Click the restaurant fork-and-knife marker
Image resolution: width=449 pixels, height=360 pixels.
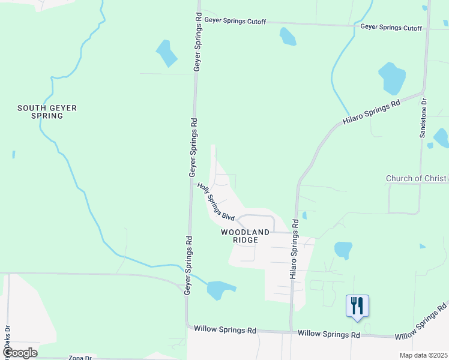point(357,305)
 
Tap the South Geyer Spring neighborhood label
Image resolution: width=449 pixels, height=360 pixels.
point(47,112)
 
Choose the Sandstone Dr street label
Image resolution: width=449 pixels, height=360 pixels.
point(423,118)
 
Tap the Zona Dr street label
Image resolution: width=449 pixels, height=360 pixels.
point(79,358)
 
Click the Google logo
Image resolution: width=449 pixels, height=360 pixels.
point(19,353)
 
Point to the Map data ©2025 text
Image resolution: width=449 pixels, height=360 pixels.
point(423,355)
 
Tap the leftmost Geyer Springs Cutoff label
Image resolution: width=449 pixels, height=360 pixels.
point(235,20)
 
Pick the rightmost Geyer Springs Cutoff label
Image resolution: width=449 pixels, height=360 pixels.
point(391,28)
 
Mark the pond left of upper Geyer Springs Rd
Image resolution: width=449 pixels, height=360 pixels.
point(166,53)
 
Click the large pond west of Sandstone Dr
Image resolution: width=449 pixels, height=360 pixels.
point(392,78)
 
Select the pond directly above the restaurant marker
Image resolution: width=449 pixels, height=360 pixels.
point(343,250)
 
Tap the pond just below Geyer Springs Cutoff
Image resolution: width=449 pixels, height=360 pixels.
point(288,37)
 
